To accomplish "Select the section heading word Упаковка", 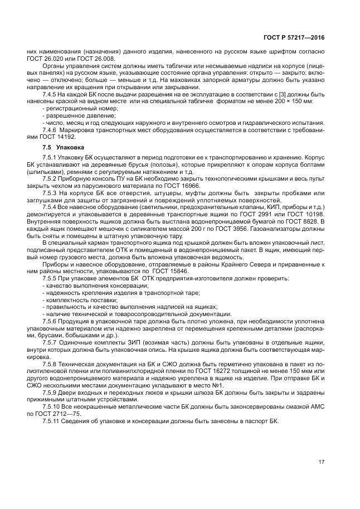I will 71,148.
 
